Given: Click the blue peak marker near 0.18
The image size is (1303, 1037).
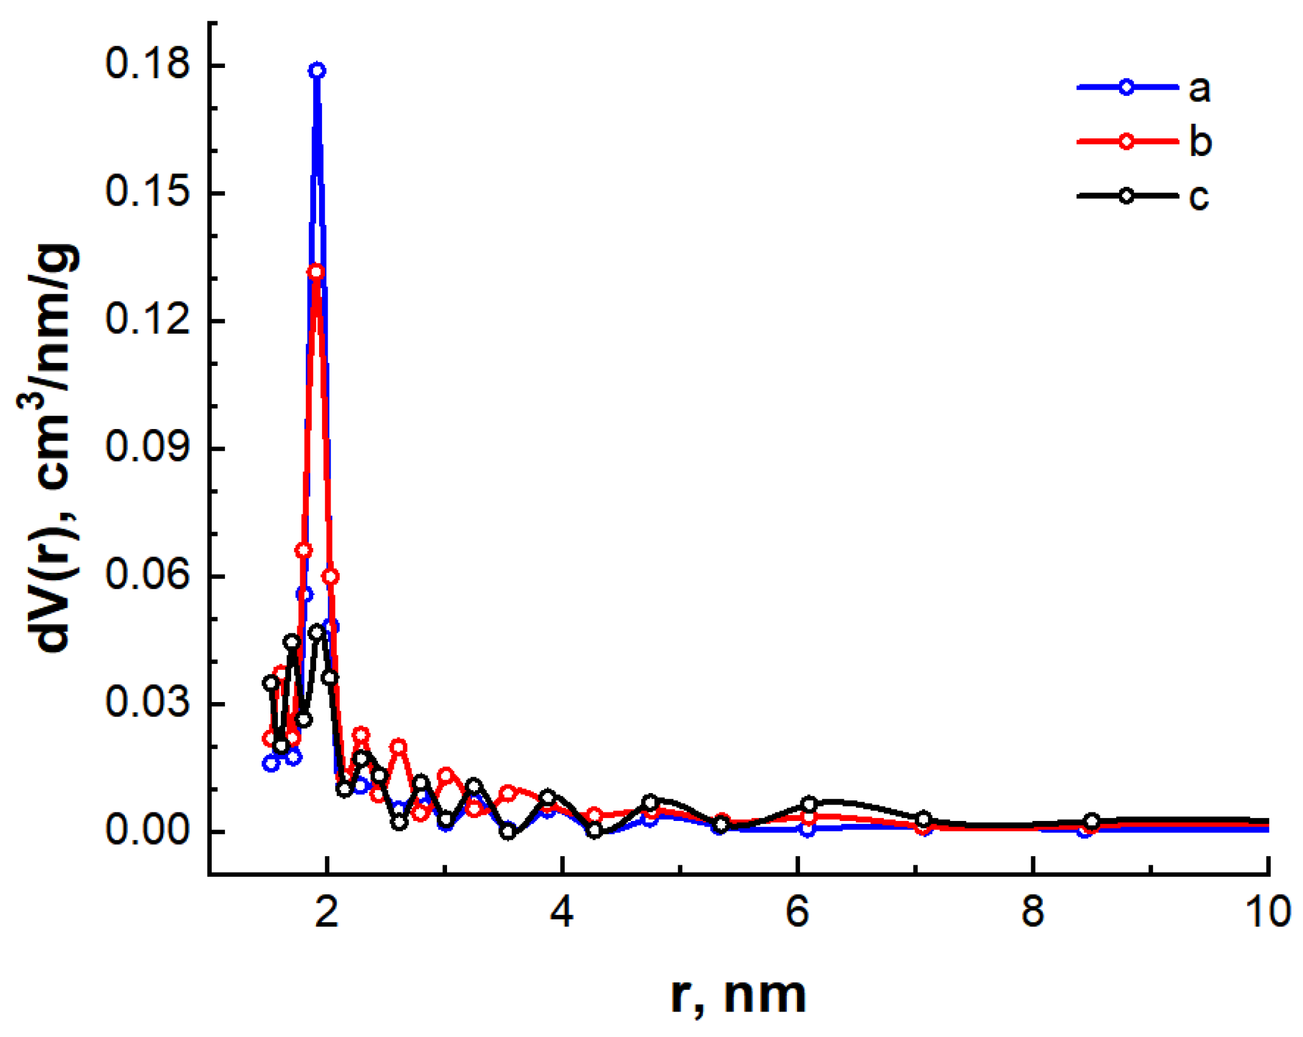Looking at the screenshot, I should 316,70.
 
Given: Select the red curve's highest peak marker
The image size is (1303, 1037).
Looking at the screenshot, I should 315,271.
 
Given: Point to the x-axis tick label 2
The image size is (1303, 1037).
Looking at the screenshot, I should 326,911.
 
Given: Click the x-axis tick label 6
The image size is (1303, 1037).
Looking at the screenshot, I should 796,911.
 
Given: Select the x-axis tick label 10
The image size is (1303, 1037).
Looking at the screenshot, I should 1268,911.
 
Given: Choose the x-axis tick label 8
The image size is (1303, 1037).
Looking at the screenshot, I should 1032,911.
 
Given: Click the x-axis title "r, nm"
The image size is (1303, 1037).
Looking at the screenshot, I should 738,996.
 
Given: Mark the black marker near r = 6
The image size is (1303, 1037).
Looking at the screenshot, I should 808,805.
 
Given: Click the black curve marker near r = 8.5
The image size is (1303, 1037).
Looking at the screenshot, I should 1091,821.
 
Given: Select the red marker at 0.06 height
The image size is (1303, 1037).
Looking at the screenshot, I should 330,576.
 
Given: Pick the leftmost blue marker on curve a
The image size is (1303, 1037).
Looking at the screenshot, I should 271,763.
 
